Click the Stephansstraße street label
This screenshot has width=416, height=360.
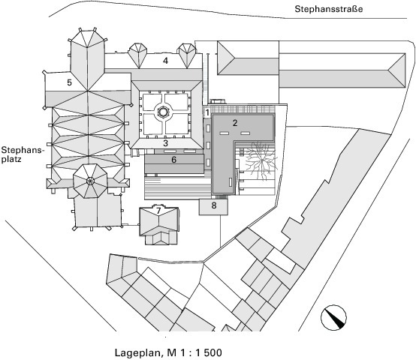pyautogui.click(x=328, y=9)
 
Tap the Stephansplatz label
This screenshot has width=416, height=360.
pyautogui.click(x=22, y=154)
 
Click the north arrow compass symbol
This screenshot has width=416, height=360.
pyautogui.click(x=333, y=317)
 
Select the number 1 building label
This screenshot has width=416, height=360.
pyautogui.click(x=207, y=112)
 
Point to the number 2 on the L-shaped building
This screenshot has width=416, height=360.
pyautogui.click(x=235, y=123)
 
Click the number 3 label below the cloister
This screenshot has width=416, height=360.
pyautogui.click(x=165, y=143)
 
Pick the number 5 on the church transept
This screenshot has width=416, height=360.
pyautogui.click(x=69, y=82)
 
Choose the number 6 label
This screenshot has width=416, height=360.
pyautogui.click(x=173, y=160)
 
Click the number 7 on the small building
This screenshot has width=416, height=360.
pyautogui.click(x=158, y=211)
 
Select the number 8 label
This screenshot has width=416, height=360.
pyautogui.click(x=214, y=205)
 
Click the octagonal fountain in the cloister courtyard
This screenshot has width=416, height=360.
pyautogui.click(x=162, y=112)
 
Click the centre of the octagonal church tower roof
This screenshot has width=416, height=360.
pyautogui.click(x=90, y=181)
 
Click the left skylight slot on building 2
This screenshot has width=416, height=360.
pyautogui.click(x=225, y=133)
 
